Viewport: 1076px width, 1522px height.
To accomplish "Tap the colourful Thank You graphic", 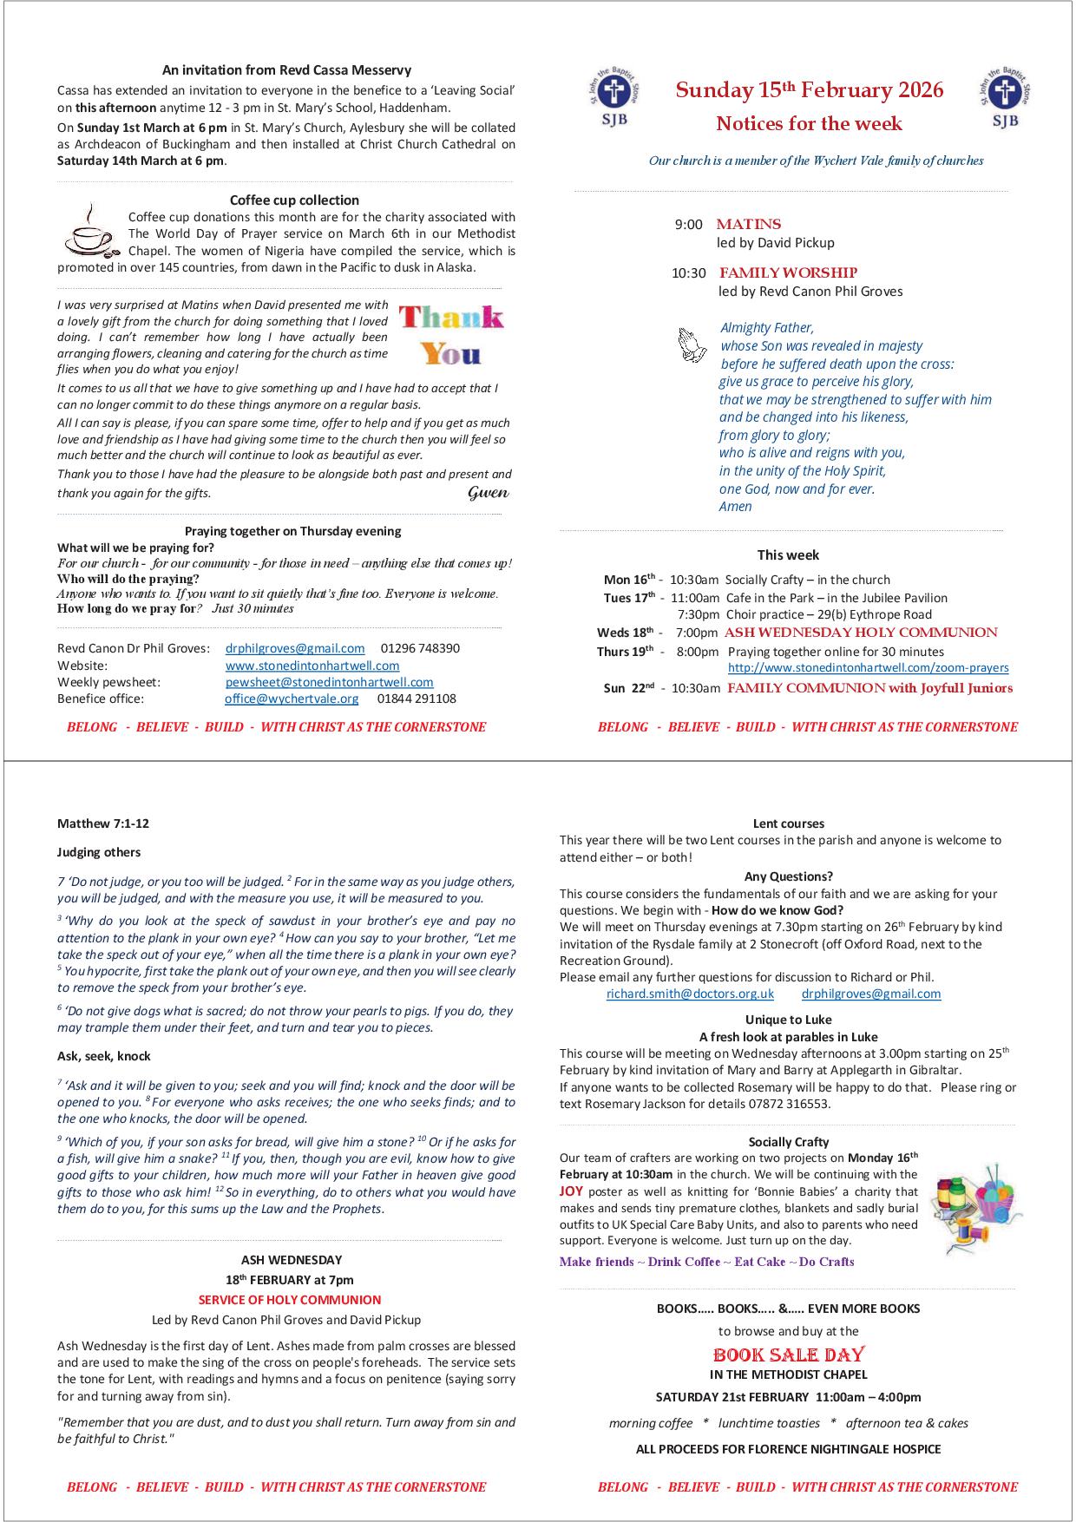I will point(451,335).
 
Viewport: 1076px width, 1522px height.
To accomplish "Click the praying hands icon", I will point(692,344).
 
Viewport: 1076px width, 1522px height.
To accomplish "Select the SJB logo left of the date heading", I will point(614,98).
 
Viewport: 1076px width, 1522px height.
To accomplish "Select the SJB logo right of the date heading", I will point(1006,98).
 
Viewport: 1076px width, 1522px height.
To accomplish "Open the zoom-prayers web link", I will point(868,668).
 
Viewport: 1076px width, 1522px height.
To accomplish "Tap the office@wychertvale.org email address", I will point(292,699).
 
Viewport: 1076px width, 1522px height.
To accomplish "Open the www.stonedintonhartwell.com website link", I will point(312,666).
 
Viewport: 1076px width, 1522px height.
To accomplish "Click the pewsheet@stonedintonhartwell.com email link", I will point(329,683).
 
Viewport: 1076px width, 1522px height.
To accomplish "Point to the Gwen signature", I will point(488,493).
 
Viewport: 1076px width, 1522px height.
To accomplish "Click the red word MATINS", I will point(748,225).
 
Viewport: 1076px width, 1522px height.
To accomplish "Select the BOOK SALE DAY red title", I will point(788,1355).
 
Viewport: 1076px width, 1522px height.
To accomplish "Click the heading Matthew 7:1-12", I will point(97,823).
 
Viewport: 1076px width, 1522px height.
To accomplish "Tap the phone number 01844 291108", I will point(417,699).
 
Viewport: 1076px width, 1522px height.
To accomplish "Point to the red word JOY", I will point(571,1192).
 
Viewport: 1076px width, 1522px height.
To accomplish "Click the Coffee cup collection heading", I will point(294,200).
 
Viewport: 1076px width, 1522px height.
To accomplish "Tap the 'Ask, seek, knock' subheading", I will point(104,1057).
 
